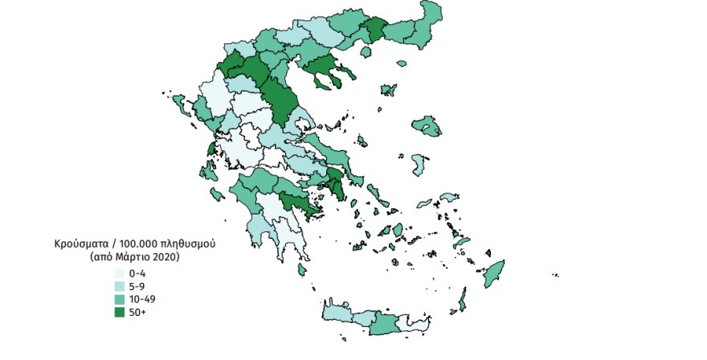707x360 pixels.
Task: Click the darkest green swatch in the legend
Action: point(119,312)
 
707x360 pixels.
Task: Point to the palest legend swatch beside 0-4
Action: point(119,273)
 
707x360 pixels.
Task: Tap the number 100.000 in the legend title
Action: point(138,242)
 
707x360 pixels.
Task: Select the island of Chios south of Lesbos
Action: point(419,165)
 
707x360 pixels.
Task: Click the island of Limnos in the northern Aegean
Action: point(390,88)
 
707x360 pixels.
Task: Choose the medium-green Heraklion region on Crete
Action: point(385,323)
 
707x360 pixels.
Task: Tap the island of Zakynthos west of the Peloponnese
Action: point(216,194)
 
